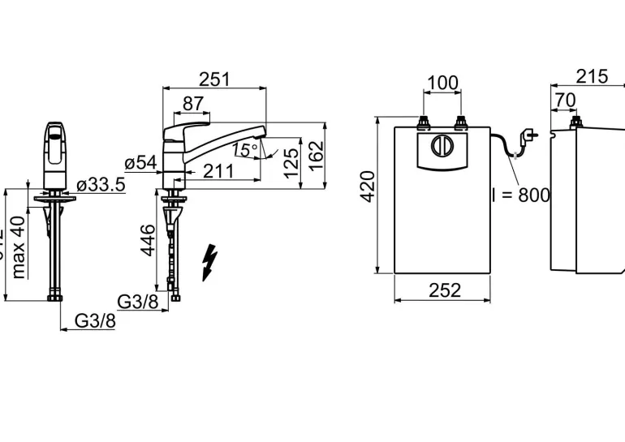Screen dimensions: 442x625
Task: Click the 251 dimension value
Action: (x=215, y=79)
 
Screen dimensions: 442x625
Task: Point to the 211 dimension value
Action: (x=218, y=171)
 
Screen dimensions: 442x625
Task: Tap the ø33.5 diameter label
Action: (x=101, y=185)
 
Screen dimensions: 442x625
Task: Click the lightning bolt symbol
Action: (x=210, y=263)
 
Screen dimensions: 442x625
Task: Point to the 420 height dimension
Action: (x=367, y=187)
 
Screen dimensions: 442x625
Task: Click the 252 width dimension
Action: (x=443, y=290)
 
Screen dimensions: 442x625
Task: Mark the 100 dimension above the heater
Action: (x=442, y=83)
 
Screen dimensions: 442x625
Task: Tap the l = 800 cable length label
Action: (x=521, y=195)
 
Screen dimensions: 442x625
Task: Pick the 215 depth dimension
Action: (x=592, y=76)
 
